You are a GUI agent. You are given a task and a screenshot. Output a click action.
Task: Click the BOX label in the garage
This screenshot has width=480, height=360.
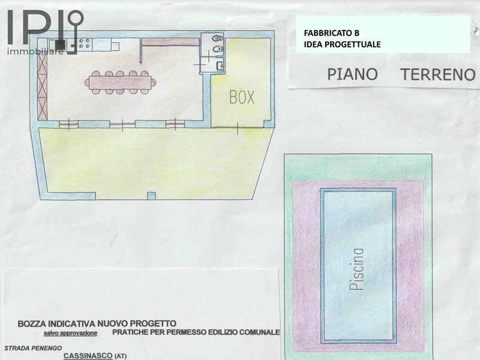click(x=242, y=97)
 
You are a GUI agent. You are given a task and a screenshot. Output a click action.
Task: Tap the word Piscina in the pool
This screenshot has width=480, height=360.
click(x=356, y=269)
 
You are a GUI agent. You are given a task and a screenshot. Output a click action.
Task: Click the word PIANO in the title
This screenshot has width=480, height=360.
click(x=352, y=74)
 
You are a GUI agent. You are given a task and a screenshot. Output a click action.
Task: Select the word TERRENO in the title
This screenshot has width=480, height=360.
click(x=438, y=74)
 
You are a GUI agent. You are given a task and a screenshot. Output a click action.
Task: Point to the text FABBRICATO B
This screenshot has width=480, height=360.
click(x=332, y=33)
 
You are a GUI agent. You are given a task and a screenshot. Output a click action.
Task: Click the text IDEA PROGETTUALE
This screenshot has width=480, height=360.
click(x=342, y=44)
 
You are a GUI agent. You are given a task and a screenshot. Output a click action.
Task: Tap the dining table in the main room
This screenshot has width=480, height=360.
click(x=120, y=82)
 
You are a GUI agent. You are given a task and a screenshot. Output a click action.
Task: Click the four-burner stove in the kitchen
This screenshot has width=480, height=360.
click(x=85, y=43)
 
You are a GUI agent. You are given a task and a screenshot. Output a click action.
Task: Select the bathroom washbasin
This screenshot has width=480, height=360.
click(x=220, y=65)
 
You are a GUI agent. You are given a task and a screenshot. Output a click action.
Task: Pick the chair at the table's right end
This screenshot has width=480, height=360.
click(x=154, y=82)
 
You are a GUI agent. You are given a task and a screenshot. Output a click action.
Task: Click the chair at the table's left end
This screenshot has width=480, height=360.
click(x=86, y=82)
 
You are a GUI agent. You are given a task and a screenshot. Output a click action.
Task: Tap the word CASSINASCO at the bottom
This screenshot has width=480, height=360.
click(x=88, y=356)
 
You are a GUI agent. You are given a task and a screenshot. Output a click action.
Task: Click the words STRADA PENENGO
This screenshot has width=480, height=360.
click(x=33, y=348)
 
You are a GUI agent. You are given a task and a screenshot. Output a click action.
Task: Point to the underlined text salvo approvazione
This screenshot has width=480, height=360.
click(x=70, y=333)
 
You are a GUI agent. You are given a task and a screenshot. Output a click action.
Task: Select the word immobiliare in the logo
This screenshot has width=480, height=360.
click(x=35, y=51)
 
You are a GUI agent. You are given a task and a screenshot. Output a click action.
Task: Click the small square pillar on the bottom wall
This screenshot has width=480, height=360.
click(x=151, y=196)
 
